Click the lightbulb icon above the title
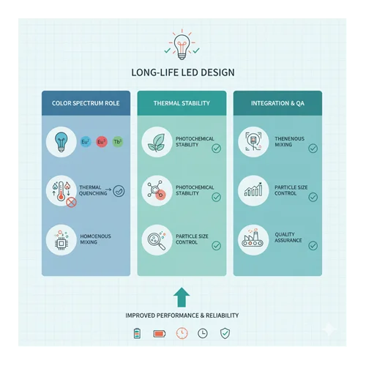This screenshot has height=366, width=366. click(182, 47)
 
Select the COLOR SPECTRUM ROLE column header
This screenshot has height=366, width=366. click(86, 103)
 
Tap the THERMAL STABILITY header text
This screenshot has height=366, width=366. click(182, 103)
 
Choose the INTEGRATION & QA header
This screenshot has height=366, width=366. click(277, 103)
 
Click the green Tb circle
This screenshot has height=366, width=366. click(118, 142)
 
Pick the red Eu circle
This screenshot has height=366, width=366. click(102, 142)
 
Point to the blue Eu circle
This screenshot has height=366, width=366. click(86, 142)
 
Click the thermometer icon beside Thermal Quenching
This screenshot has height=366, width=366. click(61, 191)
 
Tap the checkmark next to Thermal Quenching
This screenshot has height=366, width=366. click(119, 191)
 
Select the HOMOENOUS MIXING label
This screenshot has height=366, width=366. click(95, 239)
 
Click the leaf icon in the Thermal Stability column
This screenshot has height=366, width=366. click(157, 142)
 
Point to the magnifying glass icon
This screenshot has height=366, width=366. click(157, 240)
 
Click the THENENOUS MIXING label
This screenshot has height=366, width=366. click(289, 141)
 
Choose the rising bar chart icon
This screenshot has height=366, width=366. click(253, 190)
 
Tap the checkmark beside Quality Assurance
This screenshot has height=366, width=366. click(313, 246)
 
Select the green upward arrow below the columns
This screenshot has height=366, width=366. click(182, 297)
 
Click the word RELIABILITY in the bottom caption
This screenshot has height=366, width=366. click(222, 315)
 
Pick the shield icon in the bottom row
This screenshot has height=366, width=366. click(225, 333)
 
